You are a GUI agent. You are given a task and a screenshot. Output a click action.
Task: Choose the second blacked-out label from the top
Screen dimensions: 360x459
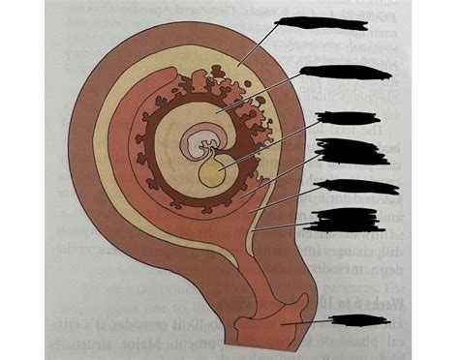(332, 72)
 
